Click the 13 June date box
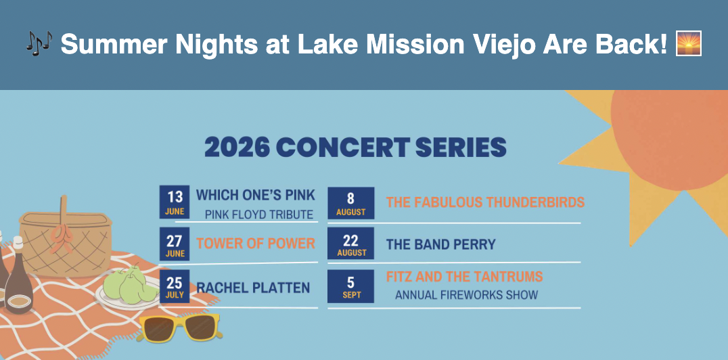[175, 202]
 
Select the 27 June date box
[175, 244]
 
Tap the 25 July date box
[175, 286]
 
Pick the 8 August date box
[351, 203]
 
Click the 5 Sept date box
[351, 286]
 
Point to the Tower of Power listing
[256, 244]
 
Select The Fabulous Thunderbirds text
[485, 202]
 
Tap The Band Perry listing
[441, 244]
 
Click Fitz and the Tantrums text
[464, 277]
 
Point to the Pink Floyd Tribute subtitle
[259, 215]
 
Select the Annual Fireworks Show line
[467, 295]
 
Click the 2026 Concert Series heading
[355, 148]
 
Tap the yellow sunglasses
[180, 328]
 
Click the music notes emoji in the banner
[39, 43]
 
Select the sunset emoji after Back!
[689, 43]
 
